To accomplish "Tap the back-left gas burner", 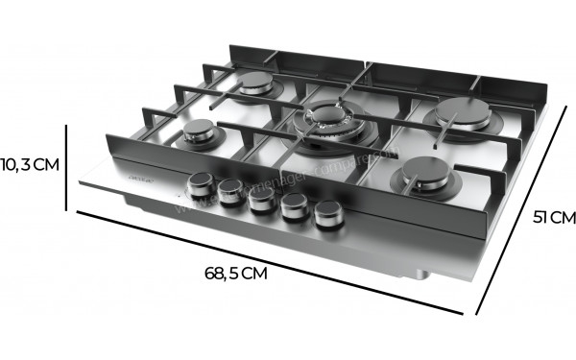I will [x=256, y=84].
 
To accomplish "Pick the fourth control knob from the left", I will [x=293, y=209].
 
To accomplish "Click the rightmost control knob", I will [x=327, y=218].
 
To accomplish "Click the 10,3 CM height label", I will [x=30, y=164].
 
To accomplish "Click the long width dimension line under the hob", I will [x=269, y=262].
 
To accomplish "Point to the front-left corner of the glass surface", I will [x=79, y=185].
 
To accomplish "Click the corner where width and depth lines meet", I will [x=476, y=313].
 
